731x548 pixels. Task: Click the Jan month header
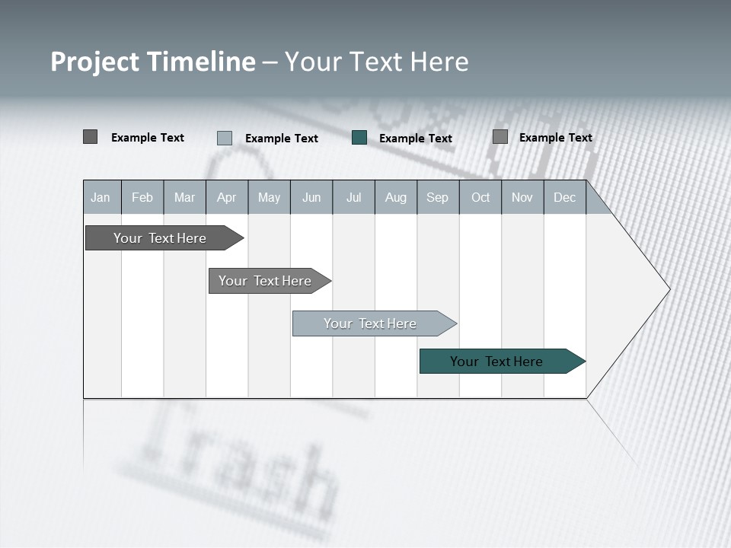(x=101, y=197)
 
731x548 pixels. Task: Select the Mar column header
(x=184, y=197)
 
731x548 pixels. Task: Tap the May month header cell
(x=269, y=197)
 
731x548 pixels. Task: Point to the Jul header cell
(x=353, y=197)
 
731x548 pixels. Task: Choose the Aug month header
(x=395, y=197)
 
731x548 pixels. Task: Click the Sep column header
(x=437, y=197)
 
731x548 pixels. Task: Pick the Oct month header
(x=480, y=197)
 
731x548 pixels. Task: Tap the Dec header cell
(x=564, y=197)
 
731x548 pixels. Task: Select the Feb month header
(x=142, y=197)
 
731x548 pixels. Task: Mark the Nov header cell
(x=522, y=197)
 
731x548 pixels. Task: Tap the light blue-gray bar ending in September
(x=371, y=323)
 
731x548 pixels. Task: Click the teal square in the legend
(x=359, y=138)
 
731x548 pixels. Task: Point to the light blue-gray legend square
(x=225, y=138)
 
